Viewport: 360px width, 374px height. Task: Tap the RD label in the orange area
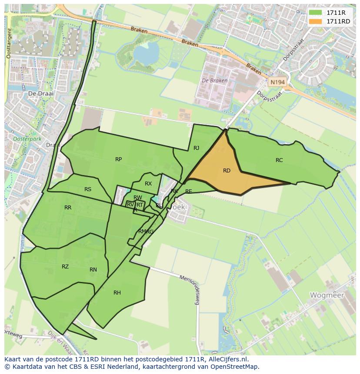coord(227,171)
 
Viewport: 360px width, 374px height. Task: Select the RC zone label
coord(279,160)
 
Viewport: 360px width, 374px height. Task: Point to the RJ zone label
coord(196,148)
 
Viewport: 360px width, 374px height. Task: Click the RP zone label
coord(118,159)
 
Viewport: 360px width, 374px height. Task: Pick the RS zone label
coord(88,189)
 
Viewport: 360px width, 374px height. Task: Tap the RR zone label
coord(68,208)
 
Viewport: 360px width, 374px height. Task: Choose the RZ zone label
coord(65,267)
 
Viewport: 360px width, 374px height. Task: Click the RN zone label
coord(93,270)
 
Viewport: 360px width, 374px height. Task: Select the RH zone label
coord(117,293)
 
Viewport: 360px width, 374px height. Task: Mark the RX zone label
coord(148,184)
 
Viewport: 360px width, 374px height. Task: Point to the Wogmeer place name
coord(327,295)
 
